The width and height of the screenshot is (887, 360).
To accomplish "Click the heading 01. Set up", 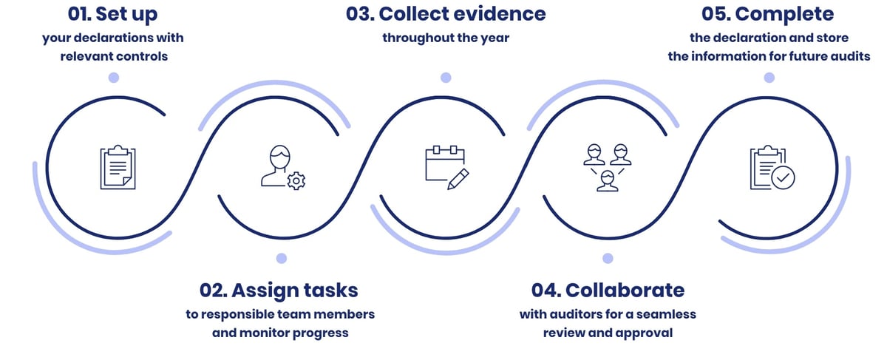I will pos(112,14).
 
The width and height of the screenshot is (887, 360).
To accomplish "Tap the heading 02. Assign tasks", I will pos(279,289).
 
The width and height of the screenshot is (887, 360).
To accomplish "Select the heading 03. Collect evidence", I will pos(446,14).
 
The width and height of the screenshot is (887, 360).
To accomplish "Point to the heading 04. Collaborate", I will pos(608,289).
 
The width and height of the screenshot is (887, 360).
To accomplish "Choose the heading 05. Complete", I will pos(769,14).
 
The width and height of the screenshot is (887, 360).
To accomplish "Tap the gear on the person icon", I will pos(296,180).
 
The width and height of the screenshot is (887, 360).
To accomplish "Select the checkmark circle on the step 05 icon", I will pos(783,177).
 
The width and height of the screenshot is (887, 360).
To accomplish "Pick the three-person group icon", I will pos(607,167).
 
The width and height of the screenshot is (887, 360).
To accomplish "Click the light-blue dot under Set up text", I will pos(113,78).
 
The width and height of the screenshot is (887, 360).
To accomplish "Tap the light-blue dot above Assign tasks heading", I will pos(281,258).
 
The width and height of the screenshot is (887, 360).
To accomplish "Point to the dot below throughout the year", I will pos(446,78).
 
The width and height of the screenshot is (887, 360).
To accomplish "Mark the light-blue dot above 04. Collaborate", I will pos(608,258).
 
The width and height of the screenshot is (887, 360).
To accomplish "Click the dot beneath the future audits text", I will pos(769,78).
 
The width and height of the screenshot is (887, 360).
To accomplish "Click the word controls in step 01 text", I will pos(143,56).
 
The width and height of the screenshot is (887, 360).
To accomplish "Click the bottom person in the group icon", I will pos(608,181).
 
